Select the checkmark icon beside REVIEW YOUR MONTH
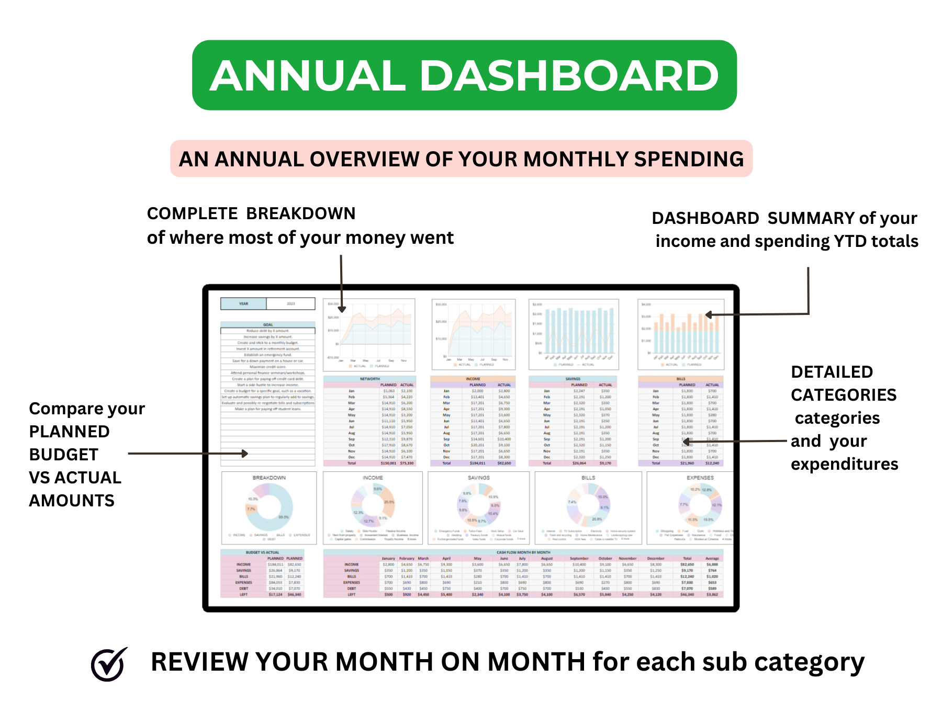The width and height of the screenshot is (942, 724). [109, 664]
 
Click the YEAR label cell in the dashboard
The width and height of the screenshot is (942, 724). [243, 303]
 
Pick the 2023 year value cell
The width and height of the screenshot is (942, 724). [290, 303]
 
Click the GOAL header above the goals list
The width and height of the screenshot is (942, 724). [268, 324]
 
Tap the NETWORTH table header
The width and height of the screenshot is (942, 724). [369, 379]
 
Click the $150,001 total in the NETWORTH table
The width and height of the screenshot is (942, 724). [388, 463]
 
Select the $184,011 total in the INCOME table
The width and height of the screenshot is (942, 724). [477, 463]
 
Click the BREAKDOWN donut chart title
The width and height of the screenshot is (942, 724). [269, 478]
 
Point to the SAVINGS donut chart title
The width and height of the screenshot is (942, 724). [478, 478]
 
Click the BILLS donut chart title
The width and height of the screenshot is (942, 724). [588, 478]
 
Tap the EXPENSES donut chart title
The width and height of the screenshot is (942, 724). [700, 478]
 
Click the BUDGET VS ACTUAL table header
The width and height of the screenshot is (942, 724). [262, 552]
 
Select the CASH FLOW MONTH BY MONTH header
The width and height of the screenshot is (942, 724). [523, 552]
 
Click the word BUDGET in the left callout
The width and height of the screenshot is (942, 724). [64, 455]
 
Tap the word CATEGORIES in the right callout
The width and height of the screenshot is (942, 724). [844, 395]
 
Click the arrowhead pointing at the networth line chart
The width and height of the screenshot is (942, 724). [342, 310]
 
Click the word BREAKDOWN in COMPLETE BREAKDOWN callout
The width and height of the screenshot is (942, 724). [300, 213]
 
